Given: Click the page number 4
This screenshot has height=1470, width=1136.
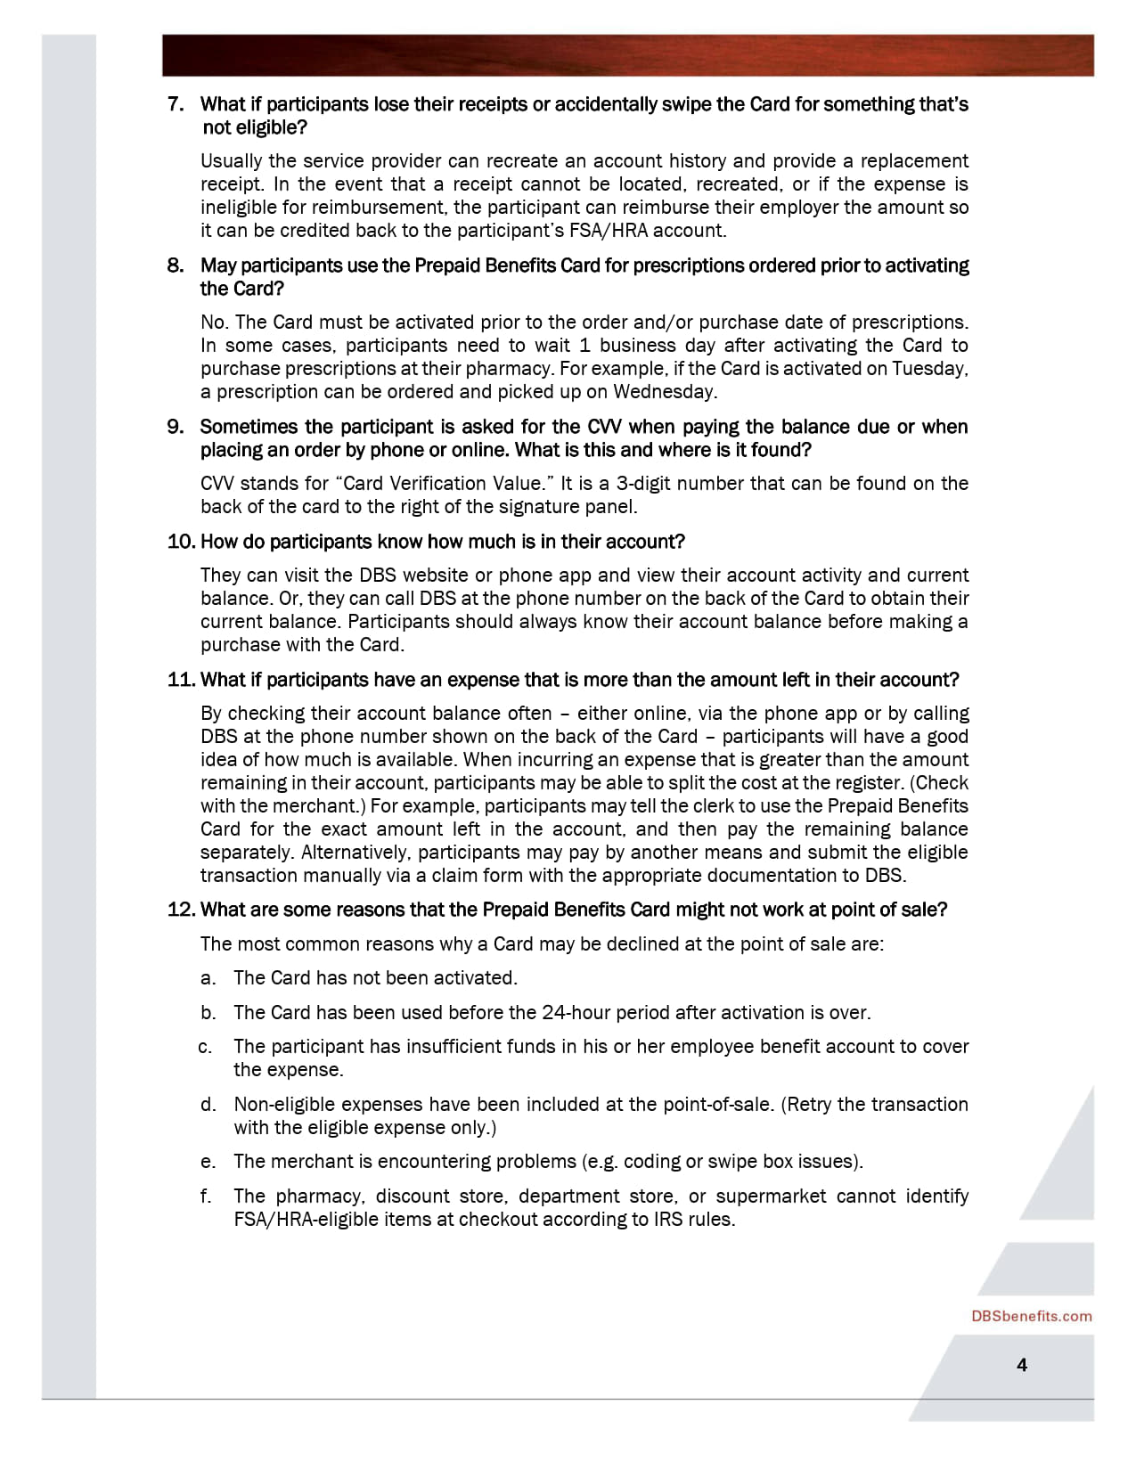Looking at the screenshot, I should pos(1022,1365).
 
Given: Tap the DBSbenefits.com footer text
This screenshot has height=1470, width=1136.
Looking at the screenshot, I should pos(1031,1317).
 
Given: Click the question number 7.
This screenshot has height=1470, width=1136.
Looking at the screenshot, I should pos(176,104).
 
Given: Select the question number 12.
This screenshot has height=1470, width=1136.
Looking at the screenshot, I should pos(181,910).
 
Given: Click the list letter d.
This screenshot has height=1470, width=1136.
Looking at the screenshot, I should pos(208,1105).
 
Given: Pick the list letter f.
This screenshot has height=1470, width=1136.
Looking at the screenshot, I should pos(207,1196).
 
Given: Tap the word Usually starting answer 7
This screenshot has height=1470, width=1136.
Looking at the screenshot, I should pos(231,161).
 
